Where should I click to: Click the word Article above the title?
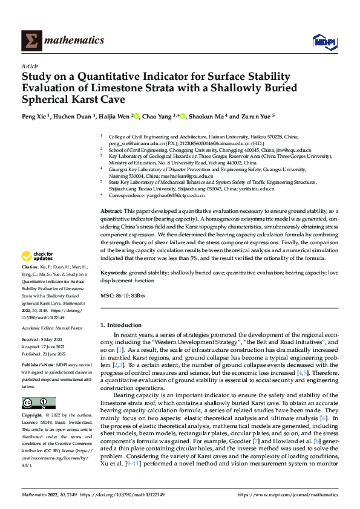(x=30, y=66)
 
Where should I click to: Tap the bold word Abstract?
(x=112, y=209)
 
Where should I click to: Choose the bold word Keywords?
(x=114, y=273)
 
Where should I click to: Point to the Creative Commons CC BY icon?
(x=38, y=403)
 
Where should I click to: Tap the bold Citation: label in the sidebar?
(x=30, y=283)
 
